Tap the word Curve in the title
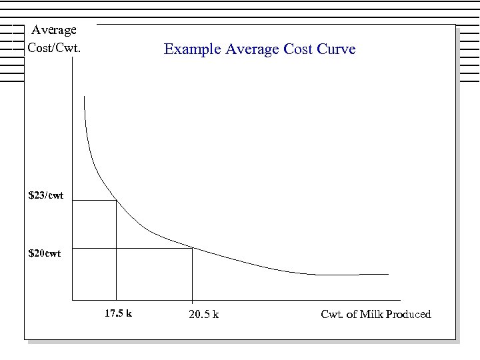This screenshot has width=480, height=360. (337, 49)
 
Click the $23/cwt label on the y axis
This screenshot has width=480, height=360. (46, 195)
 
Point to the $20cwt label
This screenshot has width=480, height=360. (44, 253)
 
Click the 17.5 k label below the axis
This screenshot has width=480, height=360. (119, 313)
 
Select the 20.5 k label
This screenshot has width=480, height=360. (204, 315)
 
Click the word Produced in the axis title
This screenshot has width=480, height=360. (407, 314)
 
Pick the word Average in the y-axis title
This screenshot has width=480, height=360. (54, 30)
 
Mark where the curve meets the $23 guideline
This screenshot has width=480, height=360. (116, 200)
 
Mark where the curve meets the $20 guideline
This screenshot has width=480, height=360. (193, 249)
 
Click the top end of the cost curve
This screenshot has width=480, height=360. (85, 97)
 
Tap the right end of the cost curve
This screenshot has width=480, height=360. (388, 274)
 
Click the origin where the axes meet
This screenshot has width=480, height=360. (71, 299)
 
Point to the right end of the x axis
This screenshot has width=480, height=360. (400, 299)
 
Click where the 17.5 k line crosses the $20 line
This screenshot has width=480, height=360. (116, 249)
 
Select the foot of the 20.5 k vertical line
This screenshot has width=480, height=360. (193, 299)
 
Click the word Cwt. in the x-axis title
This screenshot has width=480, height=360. (332, 314)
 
